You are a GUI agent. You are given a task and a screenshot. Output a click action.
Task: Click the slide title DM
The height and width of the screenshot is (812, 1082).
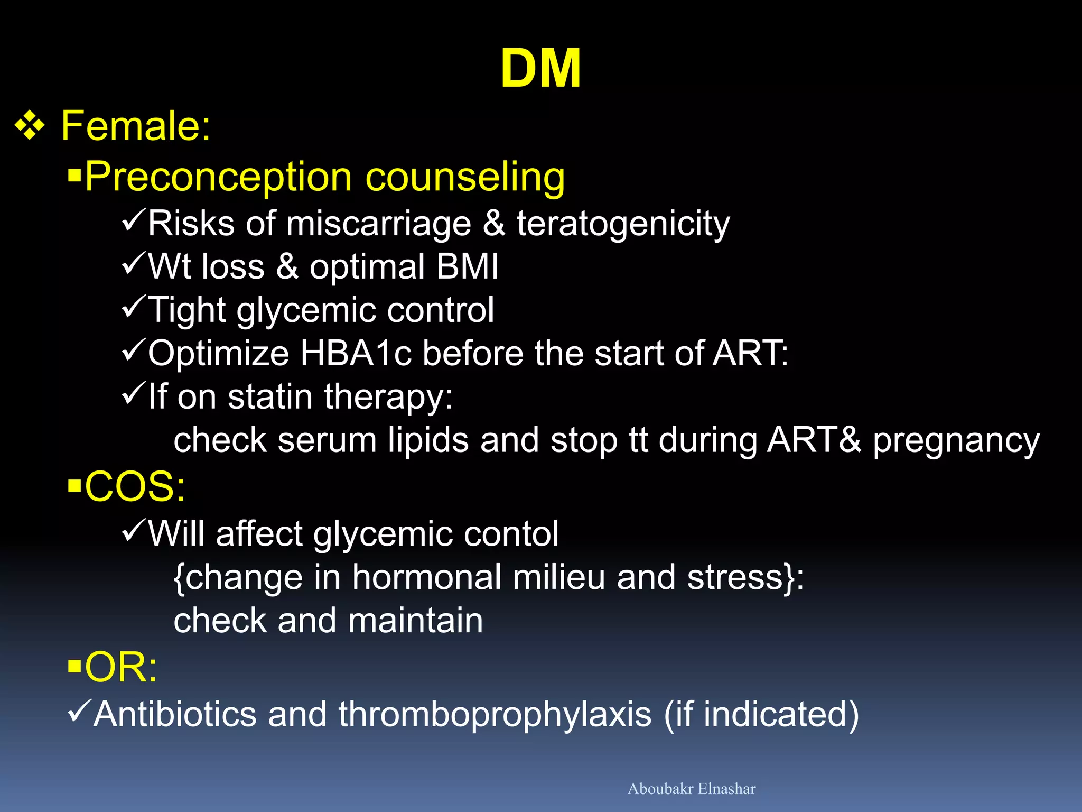540,69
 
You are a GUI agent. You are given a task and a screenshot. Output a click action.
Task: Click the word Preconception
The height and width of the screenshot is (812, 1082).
218,177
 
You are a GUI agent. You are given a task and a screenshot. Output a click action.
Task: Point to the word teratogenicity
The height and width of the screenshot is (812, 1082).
623,224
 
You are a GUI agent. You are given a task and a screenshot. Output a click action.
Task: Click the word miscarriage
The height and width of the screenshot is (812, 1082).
378,224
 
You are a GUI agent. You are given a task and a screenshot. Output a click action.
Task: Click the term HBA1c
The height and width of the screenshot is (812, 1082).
356,353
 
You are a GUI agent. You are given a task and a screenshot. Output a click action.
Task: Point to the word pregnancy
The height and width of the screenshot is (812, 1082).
956,441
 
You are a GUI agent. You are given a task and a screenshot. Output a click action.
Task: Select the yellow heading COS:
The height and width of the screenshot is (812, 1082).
135,486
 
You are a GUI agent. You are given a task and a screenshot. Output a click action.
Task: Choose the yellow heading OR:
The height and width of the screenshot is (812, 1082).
121,667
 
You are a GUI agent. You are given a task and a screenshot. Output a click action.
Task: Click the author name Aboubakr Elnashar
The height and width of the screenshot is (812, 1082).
691,789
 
